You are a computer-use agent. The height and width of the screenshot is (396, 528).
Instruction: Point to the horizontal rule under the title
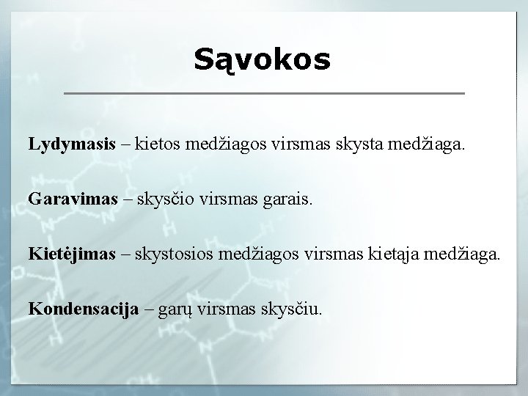point(264,94)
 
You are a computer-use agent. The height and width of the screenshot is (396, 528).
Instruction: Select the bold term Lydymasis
point(72,144)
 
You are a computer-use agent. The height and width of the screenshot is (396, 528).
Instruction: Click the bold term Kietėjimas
point(72,254)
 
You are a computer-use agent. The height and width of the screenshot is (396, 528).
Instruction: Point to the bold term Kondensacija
point(84,309)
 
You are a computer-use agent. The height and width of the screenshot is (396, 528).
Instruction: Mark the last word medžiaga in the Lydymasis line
point(430,144)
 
